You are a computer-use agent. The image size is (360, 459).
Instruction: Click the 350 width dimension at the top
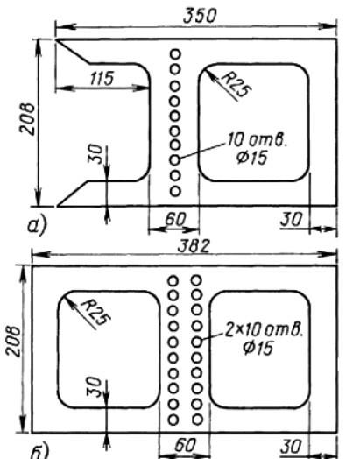pos(201,16)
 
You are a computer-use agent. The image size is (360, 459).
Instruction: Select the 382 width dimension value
pos(194,246)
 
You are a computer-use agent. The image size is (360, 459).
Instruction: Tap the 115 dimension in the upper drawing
pos(102,79)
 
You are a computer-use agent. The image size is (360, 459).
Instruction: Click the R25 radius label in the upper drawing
pos(236,85)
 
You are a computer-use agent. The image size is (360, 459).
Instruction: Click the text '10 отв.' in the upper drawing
pos(257,139)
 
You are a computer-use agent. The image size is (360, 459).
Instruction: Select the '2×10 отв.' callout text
pos(264,330)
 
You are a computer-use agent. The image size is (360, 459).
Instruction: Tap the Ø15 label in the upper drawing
pos(251,158)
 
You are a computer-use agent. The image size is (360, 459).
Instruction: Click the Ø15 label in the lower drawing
pos(258,348)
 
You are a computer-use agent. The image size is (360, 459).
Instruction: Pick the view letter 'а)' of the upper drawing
pos(37,226)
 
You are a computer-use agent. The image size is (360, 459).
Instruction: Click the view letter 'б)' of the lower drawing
pos(39,452)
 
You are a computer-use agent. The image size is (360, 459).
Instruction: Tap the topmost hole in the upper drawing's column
pos(175,54)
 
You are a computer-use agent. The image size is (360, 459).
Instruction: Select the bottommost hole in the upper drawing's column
pos(175,191)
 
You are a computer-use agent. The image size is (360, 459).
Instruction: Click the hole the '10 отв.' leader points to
pos(174,159)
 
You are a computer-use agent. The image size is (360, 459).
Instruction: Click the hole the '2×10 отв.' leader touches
pos(197,342)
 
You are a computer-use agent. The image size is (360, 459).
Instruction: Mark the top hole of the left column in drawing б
pos(173,280)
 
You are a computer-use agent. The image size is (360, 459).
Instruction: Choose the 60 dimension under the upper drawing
pos(175,219)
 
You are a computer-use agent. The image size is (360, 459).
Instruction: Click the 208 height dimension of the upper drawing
pos(27,119)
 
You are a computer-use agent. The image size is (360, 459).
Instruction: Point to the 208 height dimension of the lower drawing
pos(14,341)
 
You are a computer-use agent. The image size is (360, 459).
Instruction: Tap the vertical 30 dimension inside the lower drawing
pos(95,386)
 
